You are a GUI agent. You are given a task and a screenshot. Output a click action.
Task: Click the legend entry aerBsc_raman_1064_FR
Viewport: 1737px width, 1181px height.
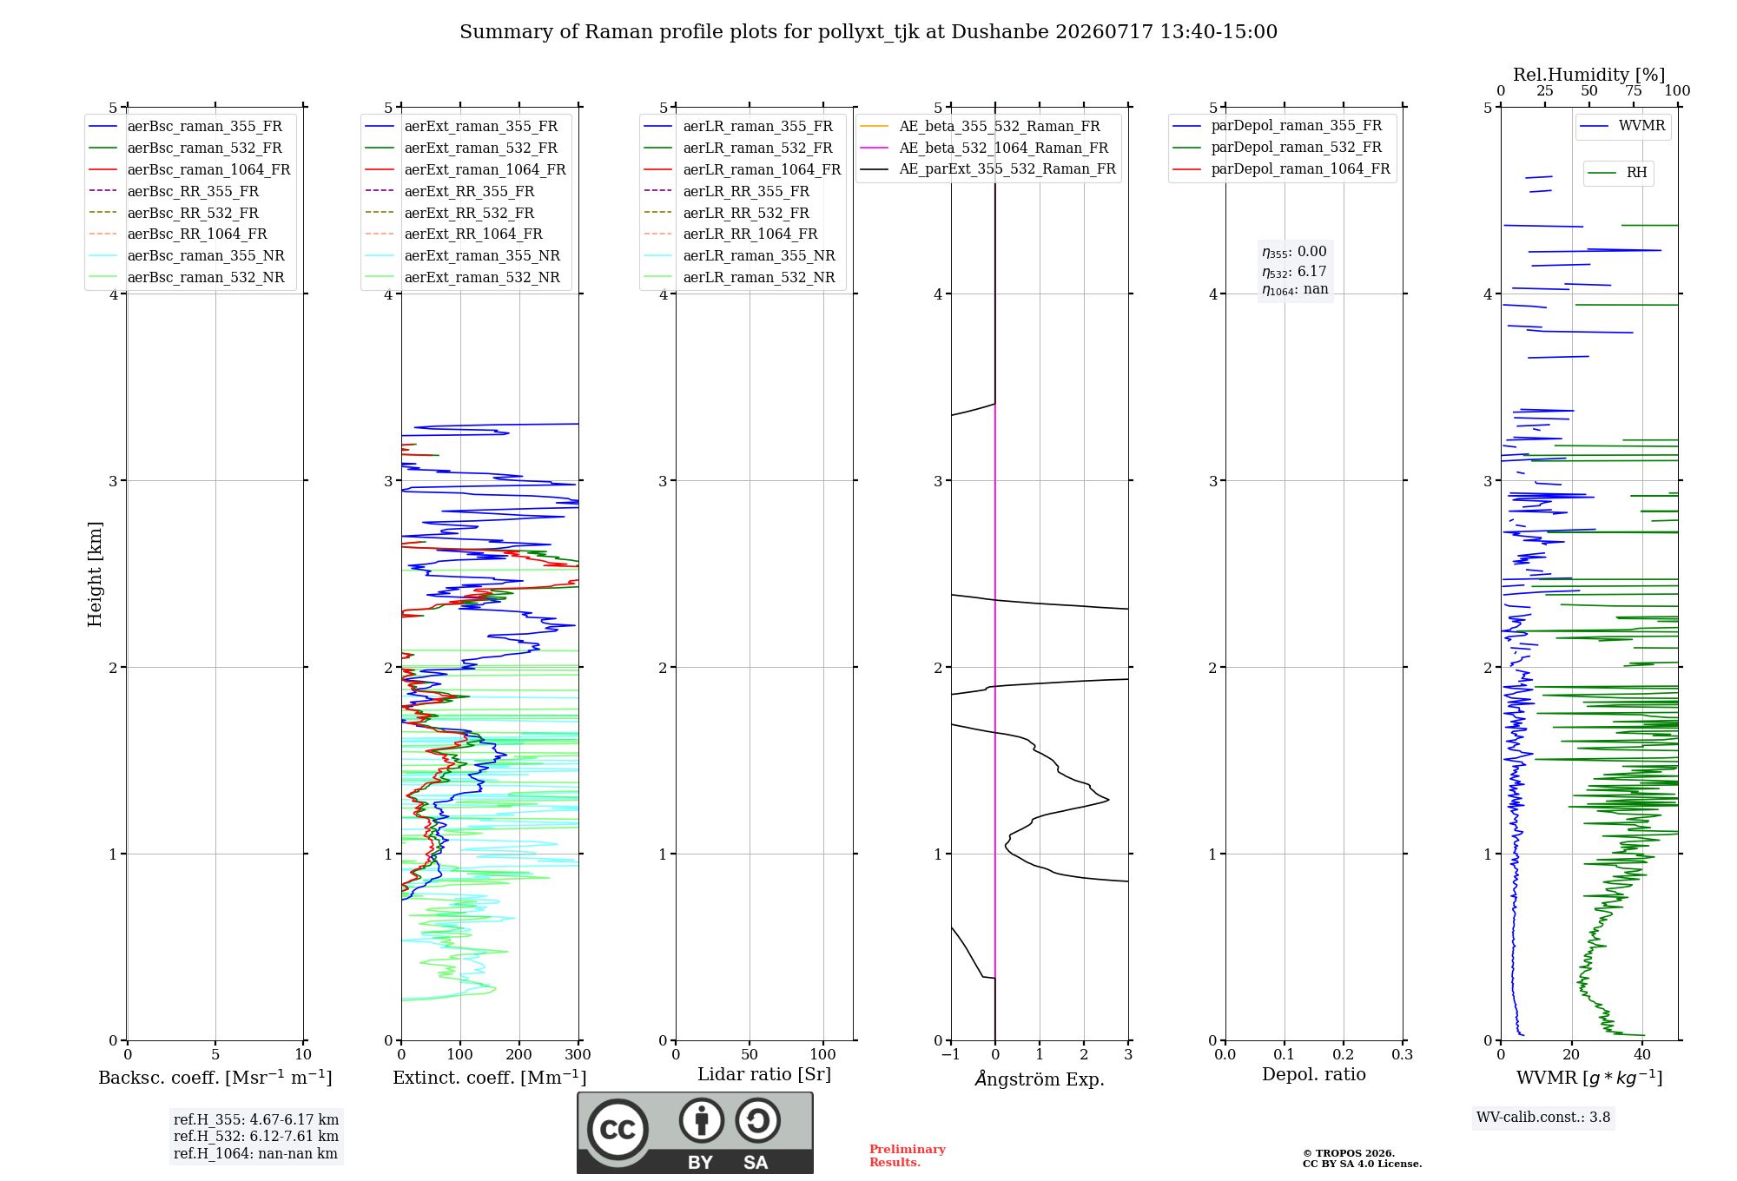(x=189, y=170)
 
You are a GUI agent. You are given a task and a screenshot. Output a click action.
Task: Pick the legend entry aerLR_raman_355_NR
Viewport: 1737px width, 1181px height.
(x=740, y=255)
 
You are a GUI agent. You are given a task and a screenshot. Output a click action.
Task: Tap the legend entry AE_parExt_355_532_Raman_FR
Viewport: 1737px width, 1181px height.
(x=988, y=168)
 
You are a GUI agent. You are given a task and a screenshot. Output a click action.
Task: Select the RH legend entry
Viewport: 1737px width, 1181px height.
(x=1618, y=173)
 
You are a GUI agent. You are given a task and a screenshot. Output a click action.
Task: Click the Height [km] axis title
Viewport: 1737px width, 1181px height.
(x=95, y=574)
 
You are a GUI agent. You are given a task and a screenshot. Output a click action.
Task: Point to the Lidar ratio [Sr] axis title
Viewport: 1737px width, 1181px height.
(x=764, y=1075)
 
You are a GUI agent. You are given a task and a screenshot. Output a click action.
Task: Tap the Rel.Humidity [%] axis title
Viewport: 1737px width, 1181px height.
(x=1589, y=75)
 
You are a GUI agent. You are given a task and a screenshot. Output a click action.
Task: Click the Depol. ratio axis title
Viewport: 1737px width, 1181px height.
(x=1314, y=1075)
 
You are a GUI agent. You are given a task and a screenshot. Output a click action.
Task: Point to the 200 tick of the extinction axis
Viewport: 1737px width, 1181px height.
(x=519, y=1054)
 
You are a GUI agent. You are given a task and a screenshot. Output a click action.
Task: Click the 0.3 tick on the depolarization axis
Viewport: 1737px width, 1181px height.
(x=1403, y=1054)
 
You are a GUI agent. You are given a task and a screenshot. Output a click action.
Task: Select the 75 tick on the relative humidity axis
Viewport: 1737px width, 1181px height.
(x=1634, y=91)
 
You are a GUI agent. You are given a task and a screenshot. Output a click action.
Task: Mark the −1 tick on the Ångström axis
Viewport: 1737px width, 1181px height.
(x=951, y=1054)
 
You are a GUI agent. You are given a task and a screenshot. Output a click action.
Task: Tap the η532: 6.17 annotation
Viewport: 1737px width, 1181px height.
(x=1294, y=272)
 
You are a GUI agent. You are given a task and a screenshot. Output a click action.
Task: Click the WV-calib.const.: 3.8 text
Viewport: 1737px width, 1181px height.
(x=1543, y=1118)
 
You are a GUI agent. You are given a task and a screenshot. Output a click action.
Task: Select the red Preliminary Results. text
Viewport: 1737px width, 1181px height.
(x=908, y=1156)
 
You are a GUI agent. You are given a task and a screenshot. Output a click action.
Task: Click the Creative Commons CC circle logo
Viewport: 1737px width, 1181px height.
(x=618, y=1130)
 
